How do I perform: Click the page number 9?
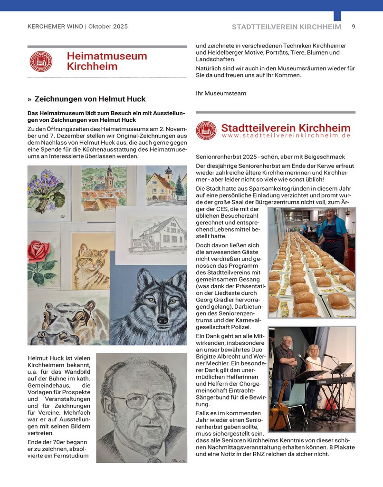pos(354,27)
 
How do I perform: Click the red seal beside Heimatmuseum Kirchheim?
pos(41,61)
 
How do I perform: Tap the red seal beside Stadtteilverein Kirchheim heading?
pos(206,130)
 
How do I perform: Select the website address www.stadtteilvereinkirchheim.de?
pos(286,136)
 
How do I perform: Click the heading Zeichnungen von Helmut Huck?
pos(90,99)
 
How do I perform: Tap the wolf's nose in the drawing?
pos(163,320)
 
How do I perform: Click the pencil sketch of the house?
pos(151,235)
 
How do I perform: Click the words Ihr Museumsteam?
pos(221,93)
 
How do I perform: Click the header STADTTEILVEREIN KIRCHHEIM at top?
pos(286,27)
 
